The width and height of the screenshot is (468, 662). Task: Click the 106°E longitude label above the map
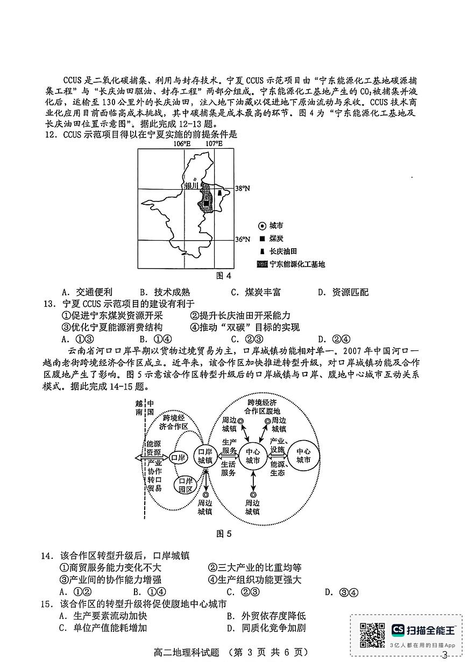click(182, 143)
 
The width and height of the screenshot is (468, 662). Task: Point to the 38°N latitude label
click(243, 189)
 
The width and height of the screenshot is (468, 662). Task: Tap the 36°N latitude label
click(243, 240)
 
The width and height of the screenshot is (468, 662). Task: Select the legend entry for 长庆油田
click(283, 251)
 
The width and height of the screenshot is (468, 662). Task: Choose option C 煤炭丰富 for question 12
click(256, 292)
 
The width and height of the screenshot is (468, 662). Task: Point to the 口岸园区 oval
click(186, 485)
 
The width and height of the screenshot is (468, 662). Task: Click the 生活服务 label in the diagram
click(228, 469)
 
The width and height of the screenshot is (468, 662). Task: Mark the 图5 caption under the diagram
click(223, 534)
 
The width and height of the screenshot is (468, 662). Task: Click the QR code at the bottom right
click(372, 635)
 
